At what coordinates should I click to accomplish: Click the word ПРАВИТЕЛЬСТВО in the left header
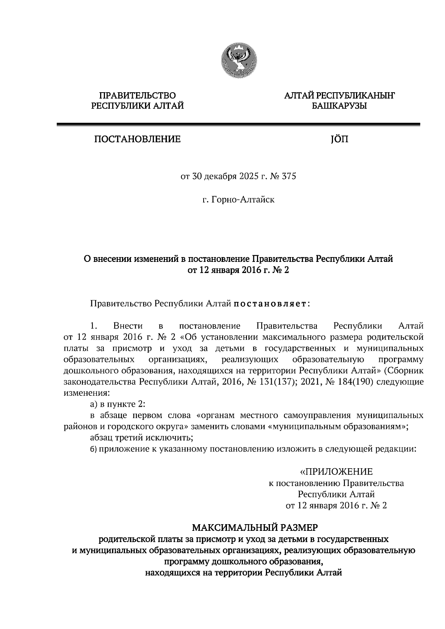pyautogui.click(x=138, y=96)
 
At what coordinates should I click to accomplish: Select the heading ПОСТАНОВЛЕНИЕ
pyautogui.click(x=137, y=139)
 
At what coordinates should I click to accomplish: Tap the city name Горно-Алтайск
pyautogui.click(x=243, y=200)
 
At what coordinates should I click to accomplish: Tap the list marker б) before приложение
pyautogui.click(x=93, y=449)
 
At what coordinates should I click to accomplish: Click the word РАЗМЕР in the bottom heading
pyautogui.click(x=298, y=527)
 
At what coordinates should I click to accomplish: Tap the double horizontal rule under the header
pyautogui.click(x=238, y=125)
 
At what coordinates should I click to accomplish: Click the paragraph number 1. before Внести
pyautogui.click(x=93, y=326)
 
